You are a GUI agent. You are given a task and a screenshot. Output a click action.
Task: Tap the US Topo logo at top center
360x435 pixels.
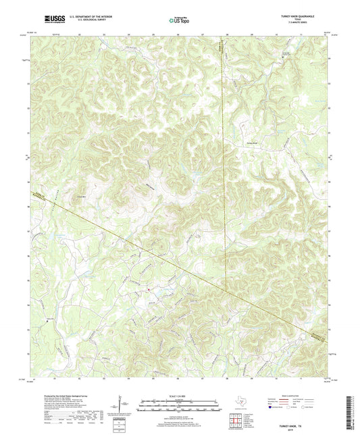pyautogui.click(x=180, y=20)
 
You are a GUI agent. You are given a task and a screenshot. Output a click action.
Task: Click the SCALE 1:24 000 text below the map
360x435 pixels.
pyautogui.click(x=180, y=396)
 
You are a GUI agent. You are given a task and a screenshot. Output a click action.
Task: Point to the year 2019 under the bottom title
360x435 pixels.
pyautogui.click(x=311, y=386)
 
